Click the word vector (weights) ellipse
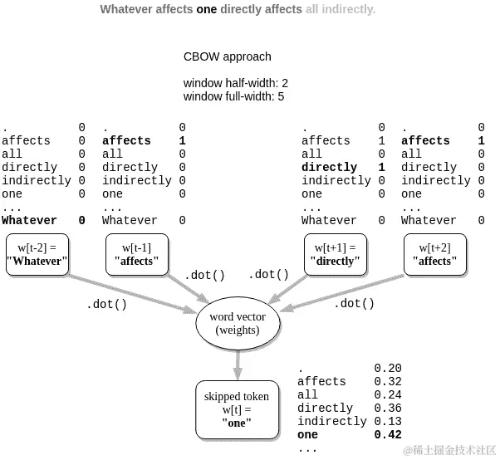pos(238,323)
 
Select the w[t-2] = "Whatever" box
pos(37,254)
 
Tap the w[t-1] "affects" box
pos(137,254)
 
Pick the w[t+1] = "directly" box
pos(336,254)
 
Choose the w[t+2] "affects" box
pos(435,254)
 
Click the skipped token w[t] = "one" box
pos(237,409)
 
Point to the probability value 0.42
pos(388,434)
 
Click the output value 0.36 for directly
pos(388,408)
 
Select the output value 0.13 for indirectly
pos(388,421)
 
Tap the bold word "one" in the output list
pos(307,434)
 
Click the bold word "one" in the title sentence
pos(207,10)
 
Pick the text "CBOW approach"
pos(228,57)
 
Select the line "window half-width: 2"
pos(236,83)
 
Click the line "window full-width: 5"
pos(233,96)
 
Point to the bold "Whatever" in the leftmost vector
pos(29,220)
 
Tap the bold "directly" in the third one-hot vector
pos(329,167)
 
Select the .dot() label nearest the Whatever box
pos(107,304)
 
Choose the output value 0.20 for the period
pos(388,368)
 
